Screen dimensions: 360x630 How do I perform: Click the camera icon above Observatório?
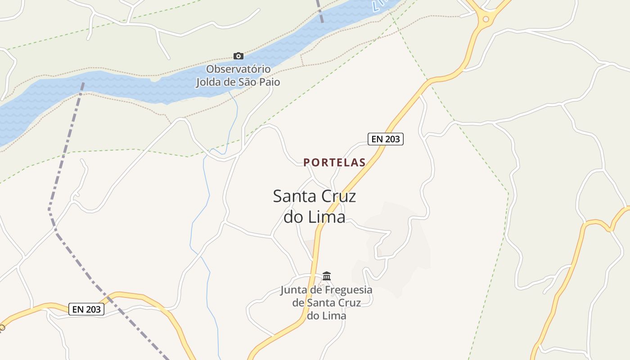point(238,56)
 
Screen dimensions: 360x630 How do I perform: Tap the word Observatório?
point(238,69)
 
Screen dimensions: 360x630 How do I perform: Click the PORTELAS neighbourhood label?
point(334,162)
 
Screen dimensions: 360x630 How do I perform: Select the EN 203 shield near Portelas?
point(386,139)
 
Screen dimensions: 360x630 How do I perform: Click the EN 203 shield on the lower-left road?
point(86,309)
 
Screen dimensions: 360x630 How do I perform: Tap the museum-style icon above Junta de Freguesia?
point(327,276)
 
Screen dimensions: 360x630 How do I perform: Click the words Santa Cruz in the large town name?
point(315,197)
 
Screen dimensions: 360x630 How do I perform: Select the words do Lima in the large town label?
point(315,217)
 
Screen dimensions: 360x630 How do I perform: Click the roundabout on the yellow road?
point(486,19)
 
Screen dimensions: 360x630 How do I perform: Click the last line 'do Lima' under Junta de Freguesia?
point(327,315)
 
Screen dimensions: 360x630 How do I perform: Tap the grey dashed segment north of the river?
point(319,11)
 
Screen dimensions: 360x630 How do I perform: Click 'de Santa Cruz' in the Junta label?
point(327,303)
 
